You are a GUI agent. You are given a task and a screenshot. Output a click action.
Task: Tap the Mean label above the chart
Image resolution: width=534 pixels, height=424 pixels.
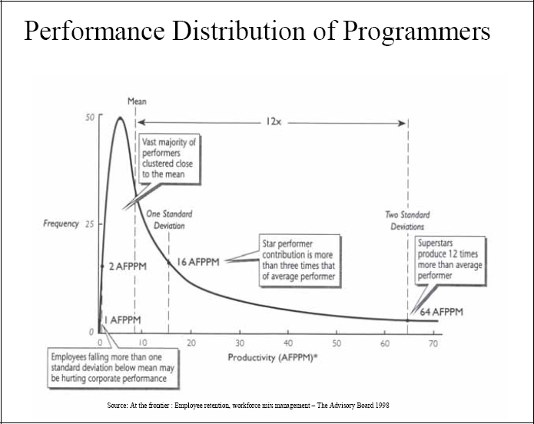click(136, 101)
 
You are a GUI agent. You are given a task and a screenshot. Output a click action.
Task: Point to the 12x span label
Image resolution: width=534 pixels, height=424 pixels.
click(274, 121)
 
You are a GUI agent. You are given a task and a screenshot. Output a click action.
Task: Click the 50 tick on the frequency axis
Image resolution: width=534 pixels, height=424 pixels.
click(90, 118)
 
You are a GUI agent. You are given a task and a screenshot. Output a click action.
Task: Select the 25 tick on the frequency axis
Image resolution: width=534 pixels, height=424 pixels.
click(90, 224)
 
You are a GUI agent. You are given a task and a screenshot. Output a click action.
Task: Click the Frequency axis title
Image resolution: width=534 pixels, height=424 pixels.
click(61, 224)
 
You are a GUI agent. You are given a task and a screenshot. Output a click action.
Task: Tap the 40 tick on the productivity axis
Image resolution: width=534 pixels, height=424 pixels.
click(288, 343)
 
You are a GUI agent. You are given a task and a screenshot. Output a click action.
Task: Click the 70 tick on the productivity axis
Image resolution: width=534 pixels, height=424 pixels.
click(433, 343)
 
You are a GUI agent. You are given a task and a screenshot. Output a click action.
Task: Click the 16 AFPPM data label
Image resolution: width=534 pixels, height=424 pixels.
click(198, 262)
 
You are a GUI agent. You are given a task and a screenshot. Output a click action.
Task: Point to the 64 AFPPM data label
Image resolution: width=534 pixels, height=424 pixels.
click(441, 312)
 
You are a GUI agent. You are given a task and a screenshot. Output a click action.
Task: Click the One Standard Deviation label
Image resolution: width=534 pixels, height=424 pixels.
click(168, 220)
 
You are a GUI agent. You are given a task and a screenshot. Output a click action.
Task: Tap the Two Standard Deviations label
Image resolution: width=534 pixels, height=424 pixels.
click(407, 220)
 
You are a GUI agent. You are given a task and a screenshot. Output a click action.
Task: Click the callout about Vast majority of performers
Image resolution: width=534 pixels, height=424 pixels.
click(169, 158)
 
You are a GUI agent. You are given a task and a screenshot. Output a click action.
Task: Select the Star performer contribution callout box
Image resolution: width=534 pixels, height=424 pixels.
click(298, 261)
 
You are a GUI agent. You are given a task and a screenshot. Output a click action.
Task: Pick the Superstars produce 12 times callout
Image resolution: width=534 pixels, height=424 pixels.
click(449, 258)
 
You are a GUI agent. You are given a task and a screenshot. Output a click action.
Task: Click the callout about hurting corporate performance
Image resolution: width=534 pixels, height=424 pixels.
click(112, 367)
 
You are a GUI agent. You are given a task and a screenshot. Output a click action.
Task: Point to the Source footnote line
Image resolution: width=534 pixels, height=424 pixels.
click(250, 405)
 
